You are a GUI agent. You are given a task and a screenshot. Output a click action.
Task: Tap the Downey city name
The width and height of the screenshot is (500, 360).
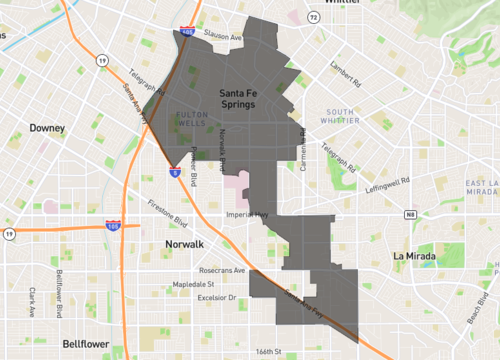coord(47,128)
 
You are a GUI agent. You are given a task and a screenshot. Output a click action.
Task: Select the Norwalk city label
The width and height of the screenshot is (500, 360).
coord(183,244)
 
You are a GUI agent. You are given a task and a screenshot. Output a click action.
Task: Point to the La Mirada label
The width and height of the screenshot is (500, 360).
coord(412,255)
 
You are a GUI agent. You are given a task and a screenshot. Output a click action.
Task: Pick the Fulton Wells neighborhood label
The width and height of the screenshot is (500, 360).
coord(191,120)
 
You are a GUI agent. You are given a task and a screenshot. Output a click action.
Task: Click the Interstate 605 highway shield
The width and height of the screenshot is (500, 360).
coord(190,33)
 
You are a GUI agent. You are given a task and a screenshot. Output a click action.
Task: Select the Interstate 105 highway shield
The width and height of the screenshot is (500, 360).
coord(113,227)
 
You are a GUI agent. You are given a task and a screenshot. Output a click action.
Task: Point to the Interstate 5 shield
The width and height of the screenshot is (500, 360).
coord(174,172)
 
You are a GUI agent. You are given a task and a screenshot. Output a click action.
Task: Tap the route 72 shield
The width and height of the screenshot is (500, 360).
coord(313,17)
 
